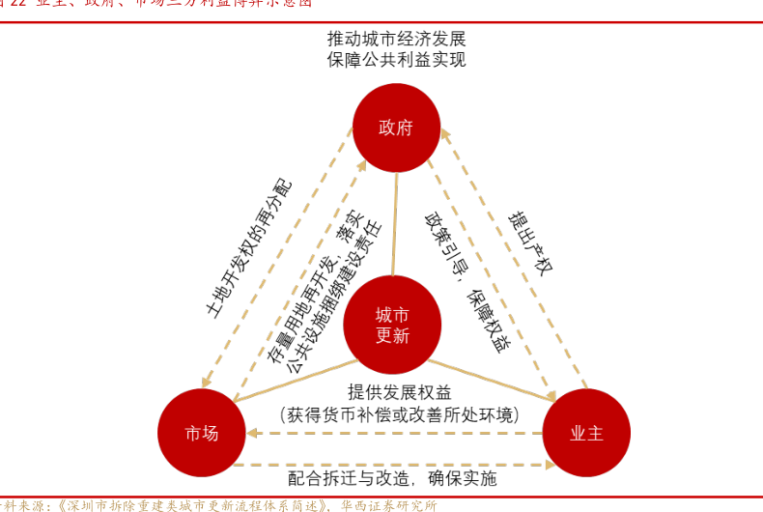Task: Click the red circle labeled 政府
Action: click(x=396, y=128)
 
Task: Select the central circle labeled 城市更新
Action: click(x=392, y=325)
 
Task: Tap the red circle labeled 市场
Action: click(x=202, y=433)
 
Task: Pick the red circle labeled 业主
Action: click(x=586, y=433)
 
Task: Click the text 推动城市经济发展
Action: click(x=396, y=40)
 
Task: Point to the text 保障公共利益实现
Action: click(x=396, y=60)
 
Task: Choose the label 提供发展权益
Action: click(x=399, y=391)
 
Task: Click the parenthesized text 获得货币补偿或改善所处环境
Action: click(x=400, y=414)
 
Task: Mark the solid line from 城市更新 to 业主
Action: click(x=493, y=380)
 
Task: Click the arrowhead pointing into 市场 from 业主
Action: click(x=253, y=434)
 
